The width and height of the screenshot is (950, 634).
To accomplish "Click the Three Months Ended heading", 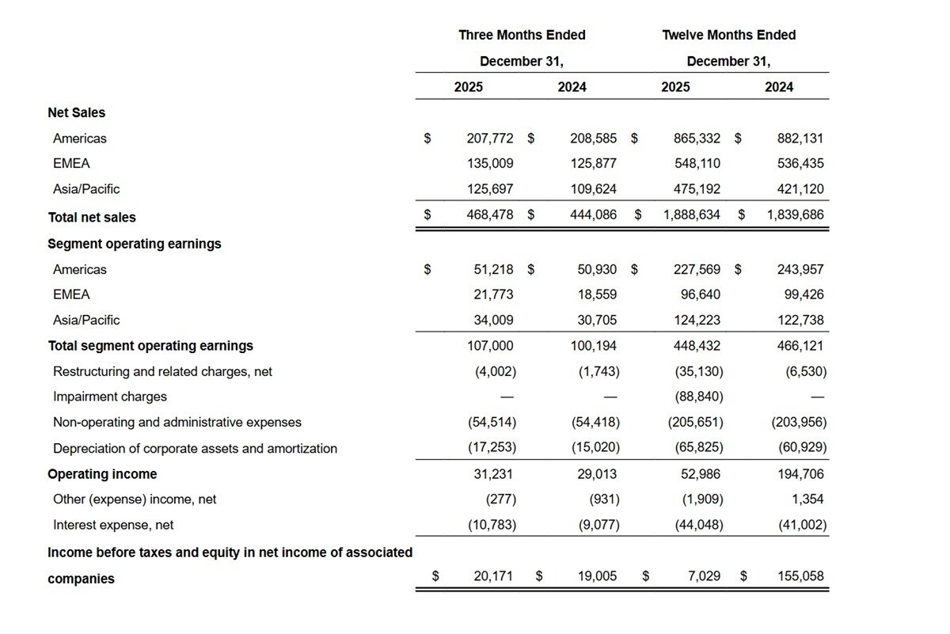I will pyautogui.click(x=522, y=35).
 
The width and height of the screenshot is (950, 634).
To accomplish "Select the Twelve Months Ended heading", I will pyautogui.click(x=728, y=35).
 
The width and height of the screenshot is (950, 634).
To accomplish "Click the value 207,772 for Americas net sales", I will pyautogui.click(x=490, y=139).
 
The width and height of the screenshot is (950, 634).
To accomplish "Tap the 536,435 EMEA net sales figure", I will pyautogui.click(x=800, y=164).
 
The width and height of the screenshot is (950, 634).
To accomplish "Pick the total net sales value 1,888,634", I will pyautogui.click(x=692, y=214).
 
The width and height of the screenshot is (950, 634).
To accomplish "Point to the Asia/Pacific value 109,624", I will pyautogui.click(x=593, y=189).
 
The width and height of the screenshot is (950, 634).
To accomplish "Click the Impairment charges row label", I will pyautogui.click(x=110, y=397).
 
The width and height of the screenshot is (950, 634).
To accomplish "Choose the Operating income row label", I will pyautogui.click(x=102, y=474).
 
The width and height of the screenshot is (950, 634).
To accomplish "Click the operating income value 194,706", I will pyautogui.click(x=800, y=474).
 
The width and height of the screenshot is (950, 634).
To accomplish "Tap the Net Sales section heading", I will pyautogui.click(x=76, y=113).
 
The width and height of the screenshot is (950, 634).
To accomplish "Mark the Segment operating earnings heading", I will pyautogui.click(x=135, y=244).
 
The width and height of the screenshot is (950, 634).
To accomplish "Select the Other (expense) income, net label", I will pyautogui.click(x=135, y=499).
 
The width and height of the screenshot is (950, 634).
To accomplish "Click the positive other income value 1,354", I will pyautogui.click(x=807, y=499).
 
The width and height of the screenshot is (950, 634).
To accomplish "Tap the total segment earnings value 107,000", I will pyautogui.click(x=490, y=346).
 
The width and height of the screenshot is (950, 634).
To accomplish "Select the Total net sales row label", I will pyautogui.click(x=92, y=217).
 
